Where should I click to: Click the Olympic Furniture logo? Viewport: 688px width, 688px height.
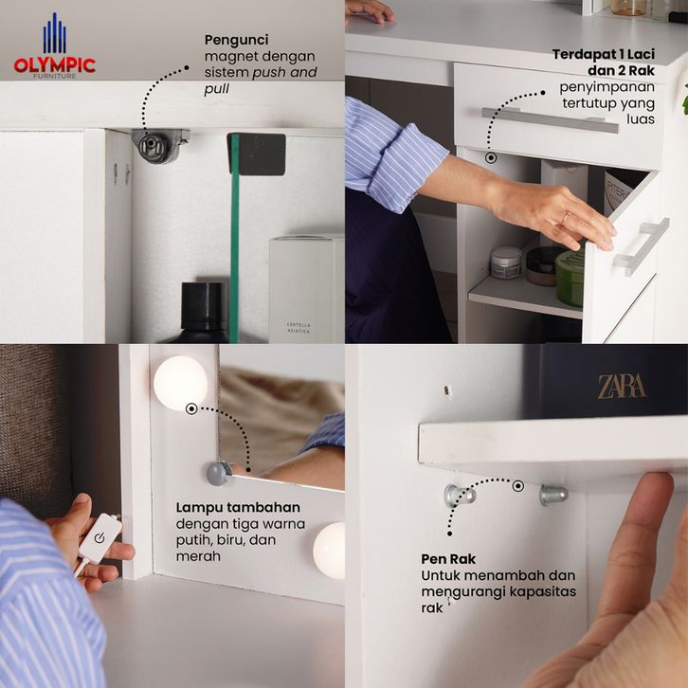55,46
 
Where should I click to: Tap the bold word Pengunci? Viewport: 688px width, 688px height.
237,40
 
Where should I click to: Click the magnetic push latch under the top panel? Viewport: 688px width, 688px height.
159,146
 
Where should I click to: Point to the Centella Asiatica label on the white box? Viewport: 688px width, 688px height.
299,327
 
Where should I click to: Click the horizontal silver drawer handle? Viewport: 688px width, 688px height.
551,120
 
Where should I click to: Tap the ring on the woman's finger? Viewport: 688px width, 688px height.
566,217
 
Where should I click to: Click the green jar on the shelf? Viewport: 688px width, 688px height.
570,278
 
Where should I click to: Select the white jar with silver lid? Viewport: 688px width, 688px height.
506,263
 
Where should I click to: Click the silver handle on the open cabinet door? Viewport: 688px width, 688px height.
641,246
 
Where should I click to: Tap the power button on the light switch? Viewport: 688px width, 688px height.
100,537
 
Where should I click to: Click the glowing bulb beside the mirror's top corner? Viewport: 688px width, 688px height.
180,383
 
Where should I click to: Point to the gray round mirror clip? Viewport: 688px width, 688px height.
219,473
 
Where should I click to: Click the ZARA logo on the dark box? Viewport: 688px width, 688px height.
622,387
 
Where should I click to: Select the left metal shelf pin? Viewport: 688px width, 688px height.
460,496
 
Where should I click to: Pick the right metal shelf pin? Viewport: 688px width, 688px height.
553,495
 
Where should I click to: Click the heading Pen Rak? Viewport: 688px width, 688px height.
448,559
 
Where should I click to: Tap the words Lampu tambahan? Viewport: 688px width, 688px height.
238,507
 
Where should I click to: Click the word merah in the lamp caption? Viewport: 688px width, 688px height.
198,556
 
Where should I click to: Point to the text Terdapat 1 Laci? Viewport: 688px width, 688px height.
604,54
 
